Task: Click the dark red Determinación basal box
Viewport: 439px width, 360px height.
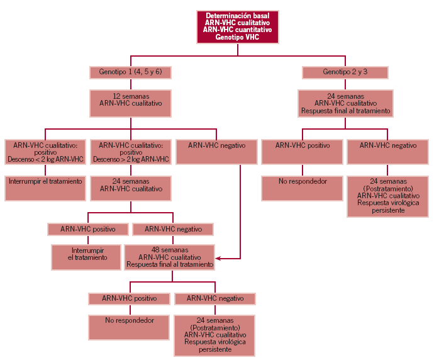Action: (x=238, y=26)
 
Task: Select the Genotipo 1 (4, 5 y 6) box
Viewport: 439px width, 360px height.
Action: (x=130, y=72)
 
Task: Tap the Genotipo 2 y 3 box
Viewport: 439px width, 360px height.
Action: (x=345, y=72)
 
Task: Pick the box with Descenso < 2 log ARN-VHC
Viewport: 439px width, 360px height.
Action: (x=45, y=152)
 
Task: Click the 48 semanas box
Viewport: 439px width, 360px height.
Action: (x=170, y=257)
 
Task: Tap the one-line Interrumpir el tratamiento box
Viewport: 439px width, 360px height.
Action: (x=45, y=188)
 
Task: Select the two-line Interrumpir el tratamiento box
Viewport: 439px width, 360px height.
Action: (x=86, y=256)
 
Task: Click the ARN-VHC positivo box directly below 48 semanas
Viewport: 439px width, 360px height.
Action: (x=130, y=298)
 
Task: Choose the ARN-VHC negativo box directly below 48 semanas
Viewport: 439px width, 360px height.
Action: (x=216, y=298)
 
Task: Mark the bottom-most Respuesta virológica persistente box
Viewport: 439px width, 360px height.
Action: (x=216, y=334)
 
